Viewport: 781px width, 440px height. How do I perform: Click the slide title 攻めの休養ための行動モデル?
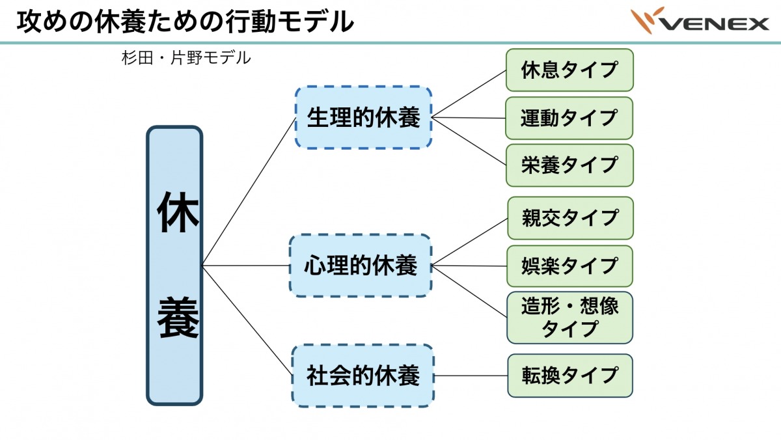point(185,22)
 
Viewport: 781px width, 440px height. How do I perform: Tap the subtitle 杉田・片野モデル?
point(185,58)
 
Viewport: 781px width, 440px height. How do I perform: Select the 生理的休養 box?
point(363,118)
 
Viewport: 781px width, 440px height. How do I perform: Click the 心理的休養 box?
point(361,266)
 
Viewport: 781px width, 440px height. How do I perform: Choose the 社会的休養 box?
point(363,376)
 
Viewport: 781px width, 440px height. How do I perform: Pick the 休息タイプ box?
point(569,70)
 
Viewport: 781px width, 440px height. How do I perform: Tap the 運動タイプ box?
point(569,118)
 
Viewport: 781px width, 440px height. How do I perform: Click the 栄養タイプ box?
point(569,165)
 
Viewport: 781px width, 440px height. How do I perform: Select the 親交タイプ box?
point(569,218)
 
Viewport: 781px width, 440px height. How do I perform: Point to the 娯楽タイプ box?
point(569,266)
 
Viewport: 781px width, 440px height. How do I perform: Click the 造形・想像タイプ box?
point(569,318)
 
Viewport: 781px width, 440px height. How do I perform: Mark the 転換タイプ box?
point(569,376)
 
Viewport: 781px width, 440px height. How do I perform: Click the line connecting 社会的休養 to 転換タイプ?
point(471,376)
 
